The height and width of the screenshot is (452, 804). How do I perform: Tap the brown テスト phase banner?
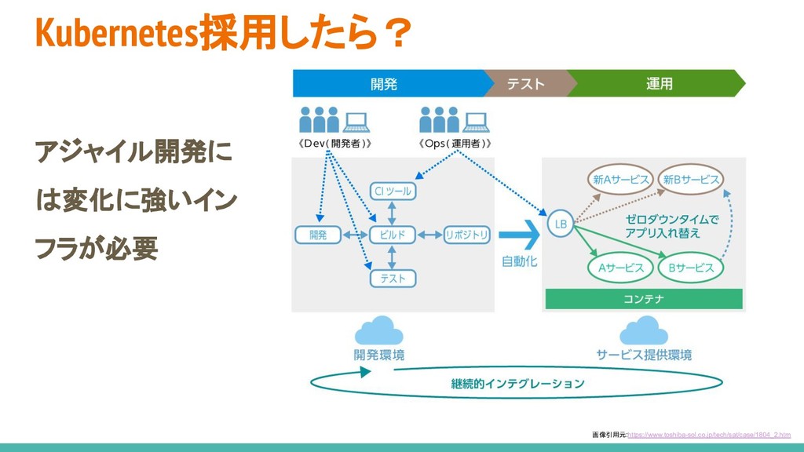525,83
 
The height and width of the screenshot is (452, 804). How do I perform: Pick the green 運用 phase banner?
658,83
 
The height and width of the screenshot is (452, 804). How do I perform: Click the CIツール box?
392,191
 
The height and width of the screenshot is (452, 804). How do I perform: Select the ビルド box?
392,234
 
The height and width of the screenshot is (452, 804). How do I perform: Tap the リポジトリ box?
466,234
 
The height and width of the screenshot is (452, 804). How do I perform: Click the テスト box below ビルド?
392,278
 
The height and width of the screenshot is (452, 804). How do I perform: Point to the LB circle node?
561,224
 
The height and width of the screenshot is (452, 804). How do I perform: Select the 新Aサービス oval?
620,180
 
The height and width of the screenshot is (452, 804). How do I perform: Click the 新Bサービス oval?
691,180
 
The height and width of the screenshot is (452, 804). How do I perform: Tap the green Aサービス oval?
620,268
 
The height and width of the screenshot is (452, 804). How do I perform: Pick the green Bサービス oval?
691,268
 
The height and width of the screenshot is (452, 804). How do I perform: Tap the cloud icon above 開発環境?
378,330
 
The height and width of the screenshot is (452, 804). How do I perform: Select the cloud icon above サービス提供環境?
644,330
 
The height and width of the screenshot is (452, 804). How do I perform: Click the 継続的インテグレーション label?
517,384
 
